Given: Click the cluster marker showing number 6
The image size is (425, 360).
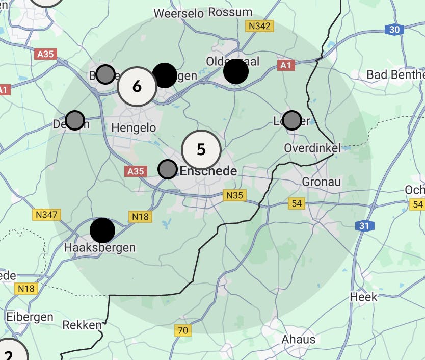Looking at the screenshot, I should coord(137,87).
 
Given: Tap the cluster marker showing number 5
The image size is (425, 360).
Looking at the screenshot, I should coord(201,149).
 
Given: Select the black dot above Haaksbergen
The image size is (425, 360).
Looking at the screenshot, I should coord(102,230).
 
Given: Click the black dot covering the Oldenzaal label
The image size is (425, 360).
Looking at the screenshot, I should coord(236,71).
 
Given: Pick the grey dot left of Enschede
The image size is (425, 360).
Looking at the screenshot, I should coord(168,169).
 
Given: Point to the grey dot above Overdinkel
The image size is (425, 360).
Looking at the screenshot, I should coord(292,120).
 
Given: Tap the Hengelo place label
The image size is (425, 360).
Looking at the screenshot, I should coord(134,127).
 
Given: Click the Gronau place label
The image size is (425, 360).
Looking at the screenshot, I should coord(321,182).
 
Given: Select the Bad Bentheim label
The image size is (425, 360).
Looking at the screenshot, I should coord(395,75).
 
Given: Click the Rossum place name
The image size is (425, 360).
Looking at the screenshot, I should coord(230,12).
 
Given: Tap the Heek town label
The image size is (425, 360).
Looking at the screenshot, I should coord(364,297).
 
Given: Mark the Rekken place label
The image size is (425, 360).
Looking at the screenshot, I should coord(82,325).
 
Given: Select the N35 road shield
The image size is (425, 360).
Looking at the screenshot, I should coord(234,195).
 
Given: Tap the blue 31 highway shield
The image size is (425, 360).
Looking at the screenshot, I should coord(364,225).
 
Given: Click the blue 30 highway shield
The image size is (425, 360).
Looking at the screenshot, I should coord(394,30).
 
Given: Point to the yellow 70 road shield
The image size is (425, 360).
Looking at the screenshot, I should coord(183,330).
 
